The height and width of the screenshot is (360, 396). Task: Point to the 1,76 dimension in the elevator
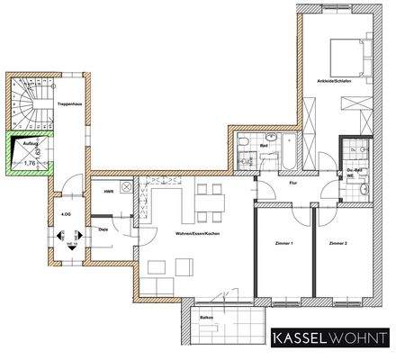pyautogui.click(x=31, y=163)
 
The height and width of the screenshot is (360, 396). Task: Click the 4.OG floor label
pyautogui.click(x=66, y=215)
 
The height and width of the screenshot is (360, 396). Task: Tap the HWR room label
pyautogui.click(x=107, y=192)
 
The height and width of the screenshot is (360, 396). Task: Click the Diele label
pyautogui.click(x=103, y=228)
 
